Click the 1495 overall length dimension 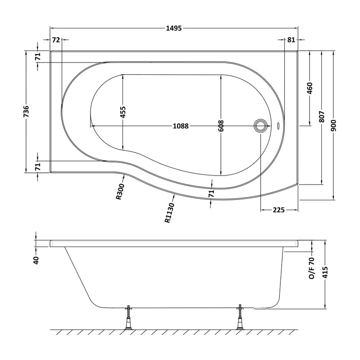coord(174,28)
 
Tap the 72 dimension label coord(56,40)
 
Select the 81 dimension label coord(291,40)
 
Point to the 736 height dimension coord(27,111)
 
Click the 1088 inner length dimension coord(181,126)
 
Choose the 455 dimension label coord(123,112)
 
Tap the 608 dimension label coord(221,126)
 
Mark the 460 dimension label coord(310,88)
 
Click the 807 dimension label coord(322,117)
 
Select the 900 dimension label coord(334,126)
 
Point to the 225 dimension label coord(279,210)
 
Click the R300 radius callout coord(120,191)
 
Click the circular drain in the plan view coord(261,126)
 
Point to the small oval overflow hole coord(279,126)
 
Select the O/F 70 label coord(311,268)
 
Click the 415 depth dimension coord(325,272)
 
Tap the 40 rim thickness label coord(36,260)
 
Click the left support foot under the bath coord(128,318)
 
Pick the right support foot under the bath coord(240,317)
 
